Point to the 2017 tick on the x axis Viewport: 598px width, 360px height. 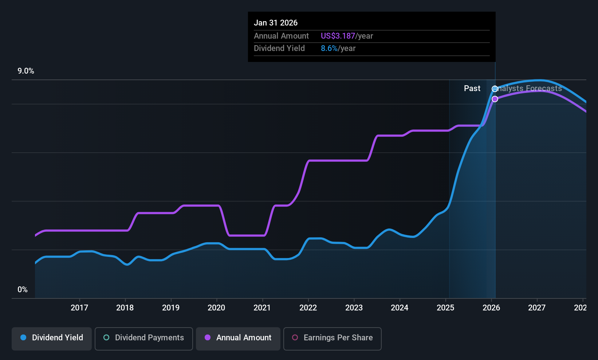[x=79, y=308]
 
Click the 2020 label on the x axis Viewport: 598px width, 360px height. [x=216, y=308]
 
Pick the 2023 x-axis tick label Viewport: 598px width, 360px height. [x=354, y=308]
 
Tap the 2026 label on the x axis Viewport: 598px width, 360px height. [x=491, y=308]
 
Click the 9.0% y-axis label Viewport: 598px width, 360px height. [x=26, y=71]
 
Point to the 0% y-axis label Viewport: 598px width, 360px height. [x=23, y=290]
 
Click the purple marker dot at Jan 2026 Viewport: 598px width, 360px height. [x=495, y=99]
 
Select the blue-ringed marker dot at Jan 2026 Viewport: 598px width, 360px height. [x=495, y=89]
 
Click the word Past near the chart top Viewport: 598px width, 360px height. [x=472, y=89]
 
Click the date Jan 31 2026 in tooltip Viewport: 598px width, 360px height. [x=276, y=23]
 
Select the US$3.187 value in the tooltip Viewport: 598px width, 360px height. [x=338, y=36]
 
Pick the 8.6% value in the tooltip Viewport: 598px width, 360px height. [x=329, y=48]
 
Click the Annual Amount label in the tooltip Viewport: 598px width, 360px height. [x=281, y=36]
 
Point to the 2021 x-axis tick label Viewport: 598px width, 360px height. [x=262, y=308]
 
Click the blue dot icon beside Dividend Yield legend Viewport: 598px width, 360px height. [x=23, y=338]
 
